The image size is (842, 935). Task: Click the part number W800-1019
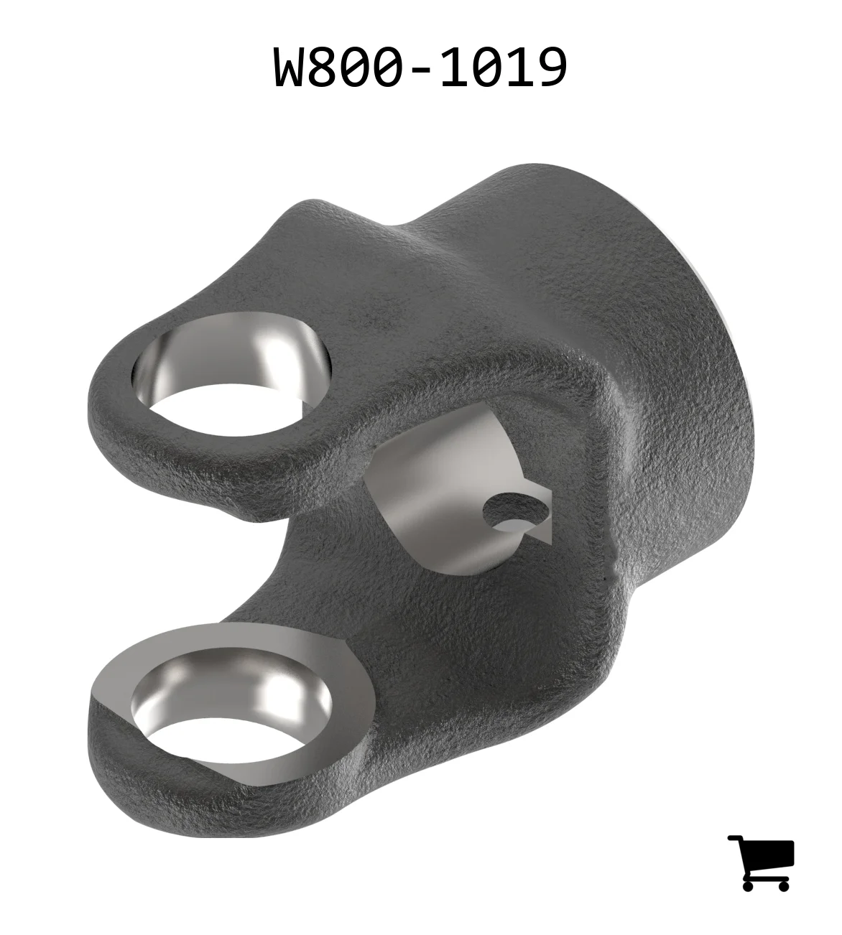click(x=420, y=68)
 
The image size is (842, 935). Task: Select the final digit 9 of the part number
click(x=552, y=68)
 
